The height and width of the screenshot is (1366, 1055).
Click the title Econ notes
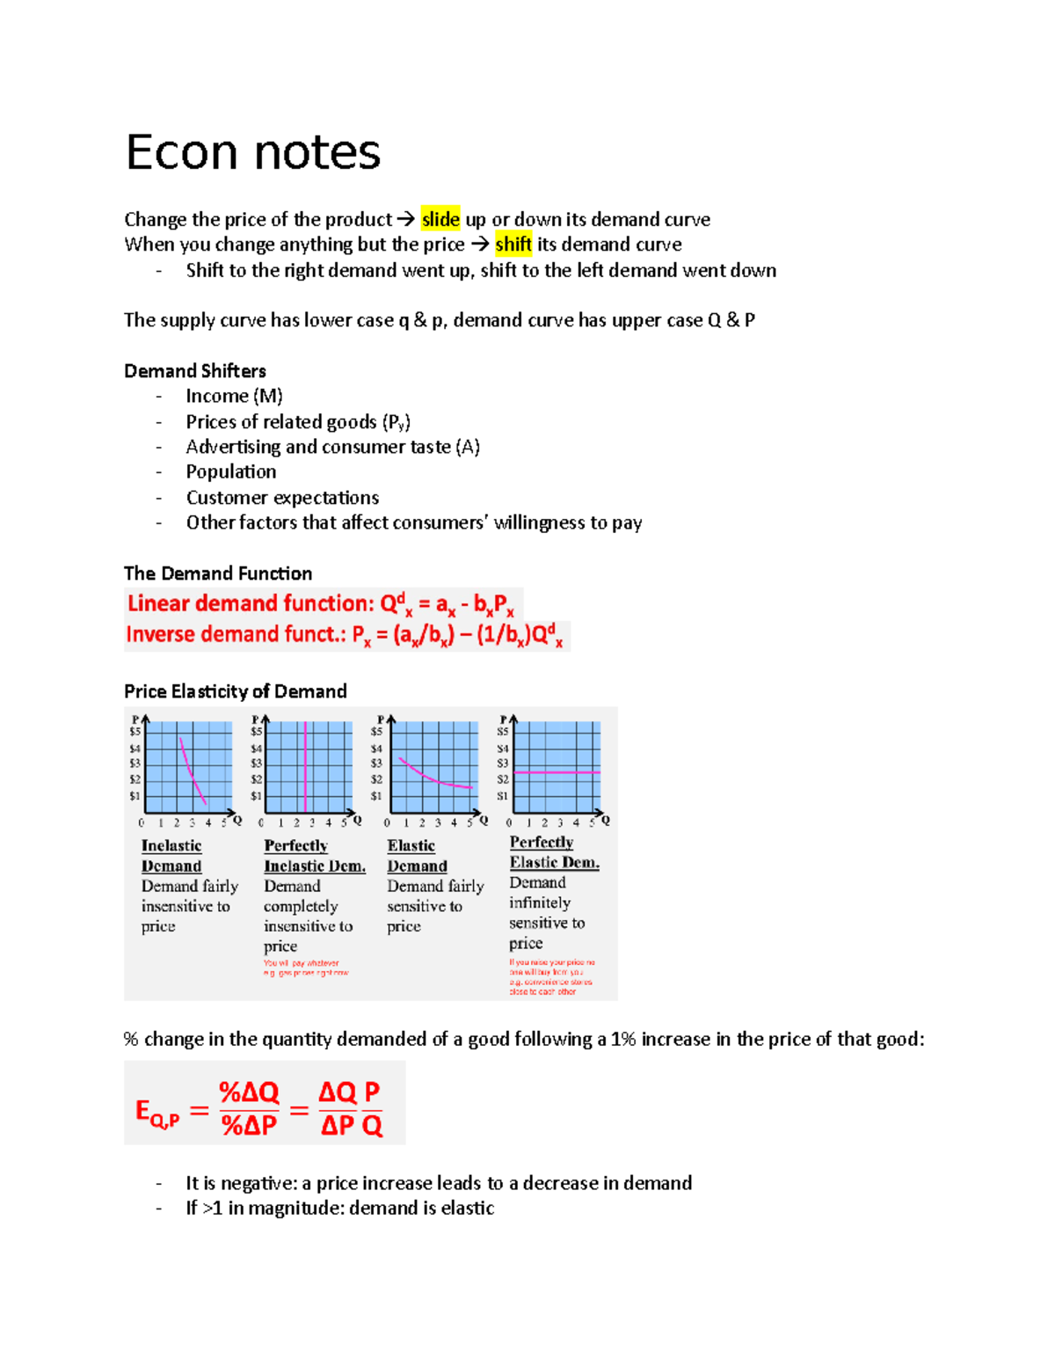253,153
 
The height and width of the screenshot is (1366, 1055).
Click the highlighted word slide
440,219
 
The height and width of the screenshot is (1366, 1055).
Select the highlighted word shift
513,245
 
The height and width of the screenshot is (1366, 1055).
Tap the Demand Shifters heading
195,370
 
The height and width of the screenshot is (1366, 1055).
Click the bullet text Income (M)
234,396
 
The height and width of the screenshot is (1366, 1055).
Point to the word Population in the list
231,471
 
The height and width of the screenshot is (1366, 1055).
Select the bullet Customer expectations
282,497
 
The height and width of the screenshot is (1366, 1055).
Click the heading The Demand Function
218,573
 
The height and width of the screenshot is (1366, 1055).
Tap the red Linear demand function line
321,604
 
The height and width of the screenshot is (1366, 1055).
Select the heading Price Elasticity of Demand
236,691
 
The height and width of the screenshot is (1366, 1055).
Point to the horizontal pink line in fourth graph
557,772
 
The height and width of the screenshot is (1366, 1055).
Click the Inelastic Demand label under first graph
172,856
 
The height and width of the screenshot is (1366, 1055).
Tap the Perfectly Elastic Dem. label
554,852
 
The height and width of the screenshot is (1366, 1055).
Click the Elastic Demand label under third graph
417,856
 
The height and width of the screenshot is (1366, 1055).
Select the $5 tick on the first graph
135,732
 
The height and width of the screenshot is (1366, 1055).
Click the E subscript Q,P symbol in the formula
156,1113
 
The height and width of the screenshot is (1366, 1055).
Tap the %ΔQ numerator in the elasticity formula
249,1092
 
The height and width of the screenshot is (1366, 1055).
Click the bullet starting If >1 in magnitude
339,1208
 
